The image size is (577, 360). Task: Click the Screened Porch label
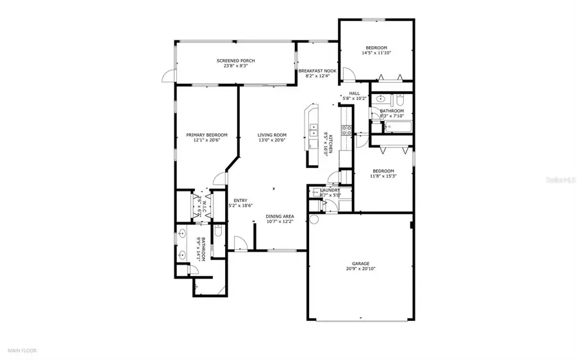pos(231,61)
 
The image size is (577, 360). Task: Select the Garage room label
pos(360,263)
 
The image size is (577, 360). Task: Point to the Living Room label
pos(272,135)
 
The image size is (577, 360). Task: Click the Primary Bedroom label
pos(206,135)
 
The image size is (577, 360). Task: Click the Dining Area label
pos(280,217)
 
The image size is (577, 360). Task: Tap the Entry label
pos(240,200)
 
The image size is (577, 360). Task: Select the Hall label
pos(355,93)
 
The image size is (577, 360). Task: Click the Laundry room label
pos(330,190)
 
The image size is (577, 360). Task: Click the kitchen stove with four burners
pos(347,131)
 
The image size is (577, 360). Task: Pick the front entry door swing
pos(240,243)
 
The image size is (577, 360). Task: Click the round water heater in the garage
pos(314,219)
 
